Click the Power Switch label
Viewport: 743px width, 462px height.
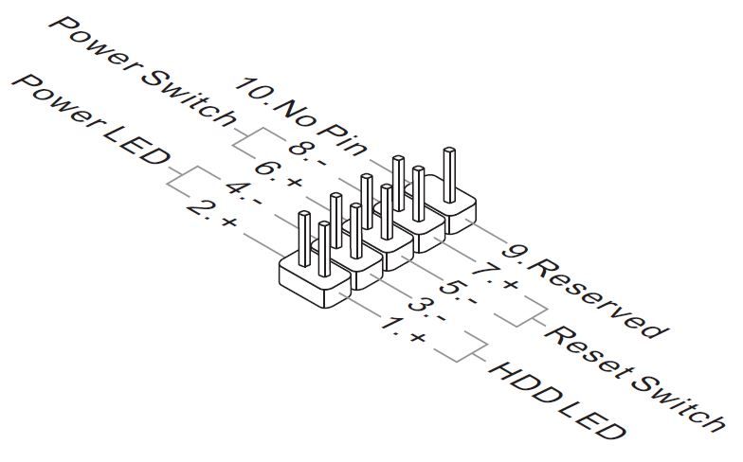click(x=143, y=71)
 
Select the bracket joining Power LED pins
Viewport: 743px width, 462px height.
click(x=180, y=176)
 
